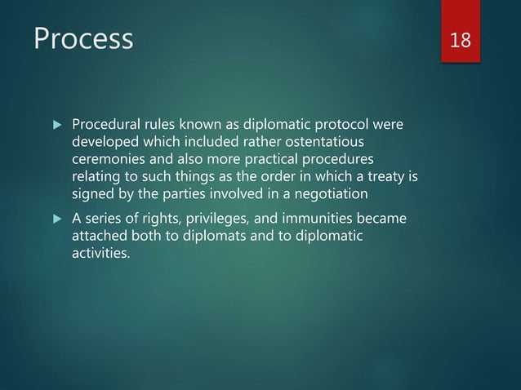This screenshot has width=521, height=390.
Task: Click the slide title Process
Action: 82,38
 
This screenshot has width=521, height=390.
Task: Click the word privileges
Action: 219,219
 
